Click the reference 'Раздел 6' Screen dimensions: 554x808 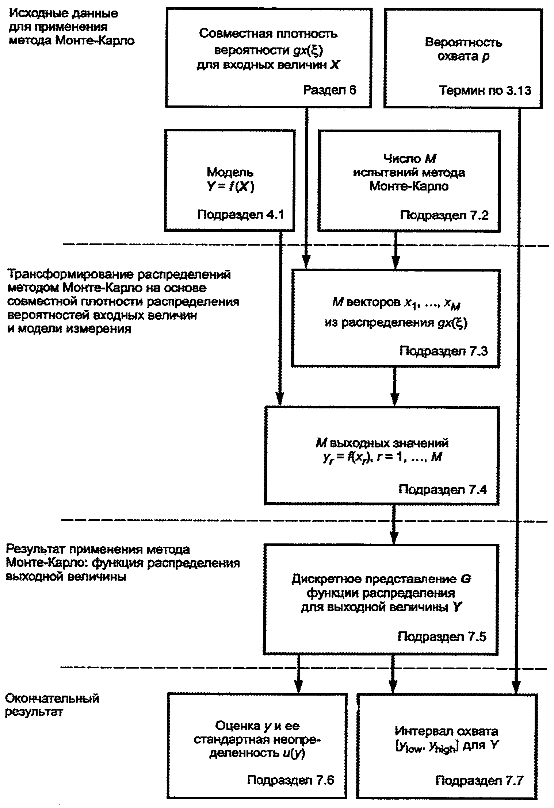(x=329, y=90)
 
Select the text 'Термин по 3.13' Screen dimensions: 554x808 (x=485, y=90)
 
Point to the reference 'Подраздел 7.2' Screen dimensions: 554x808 (x=444, y=215)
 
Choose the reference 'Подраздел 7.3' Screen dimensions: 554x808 (x=443, y=351)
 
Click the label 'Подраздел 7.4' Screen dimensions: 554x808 (x=443, y=489)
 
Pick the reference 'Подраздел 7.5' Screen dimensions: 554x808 (x=442, y=637)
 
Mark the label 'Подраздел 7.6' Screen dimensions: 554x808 (x=290, y=780)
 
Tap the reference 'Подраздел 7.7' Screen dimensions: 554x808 (x=479, y=781)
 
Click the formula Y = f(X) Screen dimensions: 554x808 (x=230, y=187)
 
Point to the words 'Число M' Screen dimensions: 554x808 (x=409, y=158)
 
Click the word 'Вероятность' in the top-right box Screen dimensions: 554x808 (x=463, y=42)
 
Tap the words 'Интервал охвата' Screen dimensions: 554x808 (x=446, y=731)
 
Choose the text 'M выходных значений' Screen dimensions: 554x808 (x=382, y=443)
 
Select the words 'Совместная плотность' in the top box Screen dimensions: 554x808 (x=268, y=34)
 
